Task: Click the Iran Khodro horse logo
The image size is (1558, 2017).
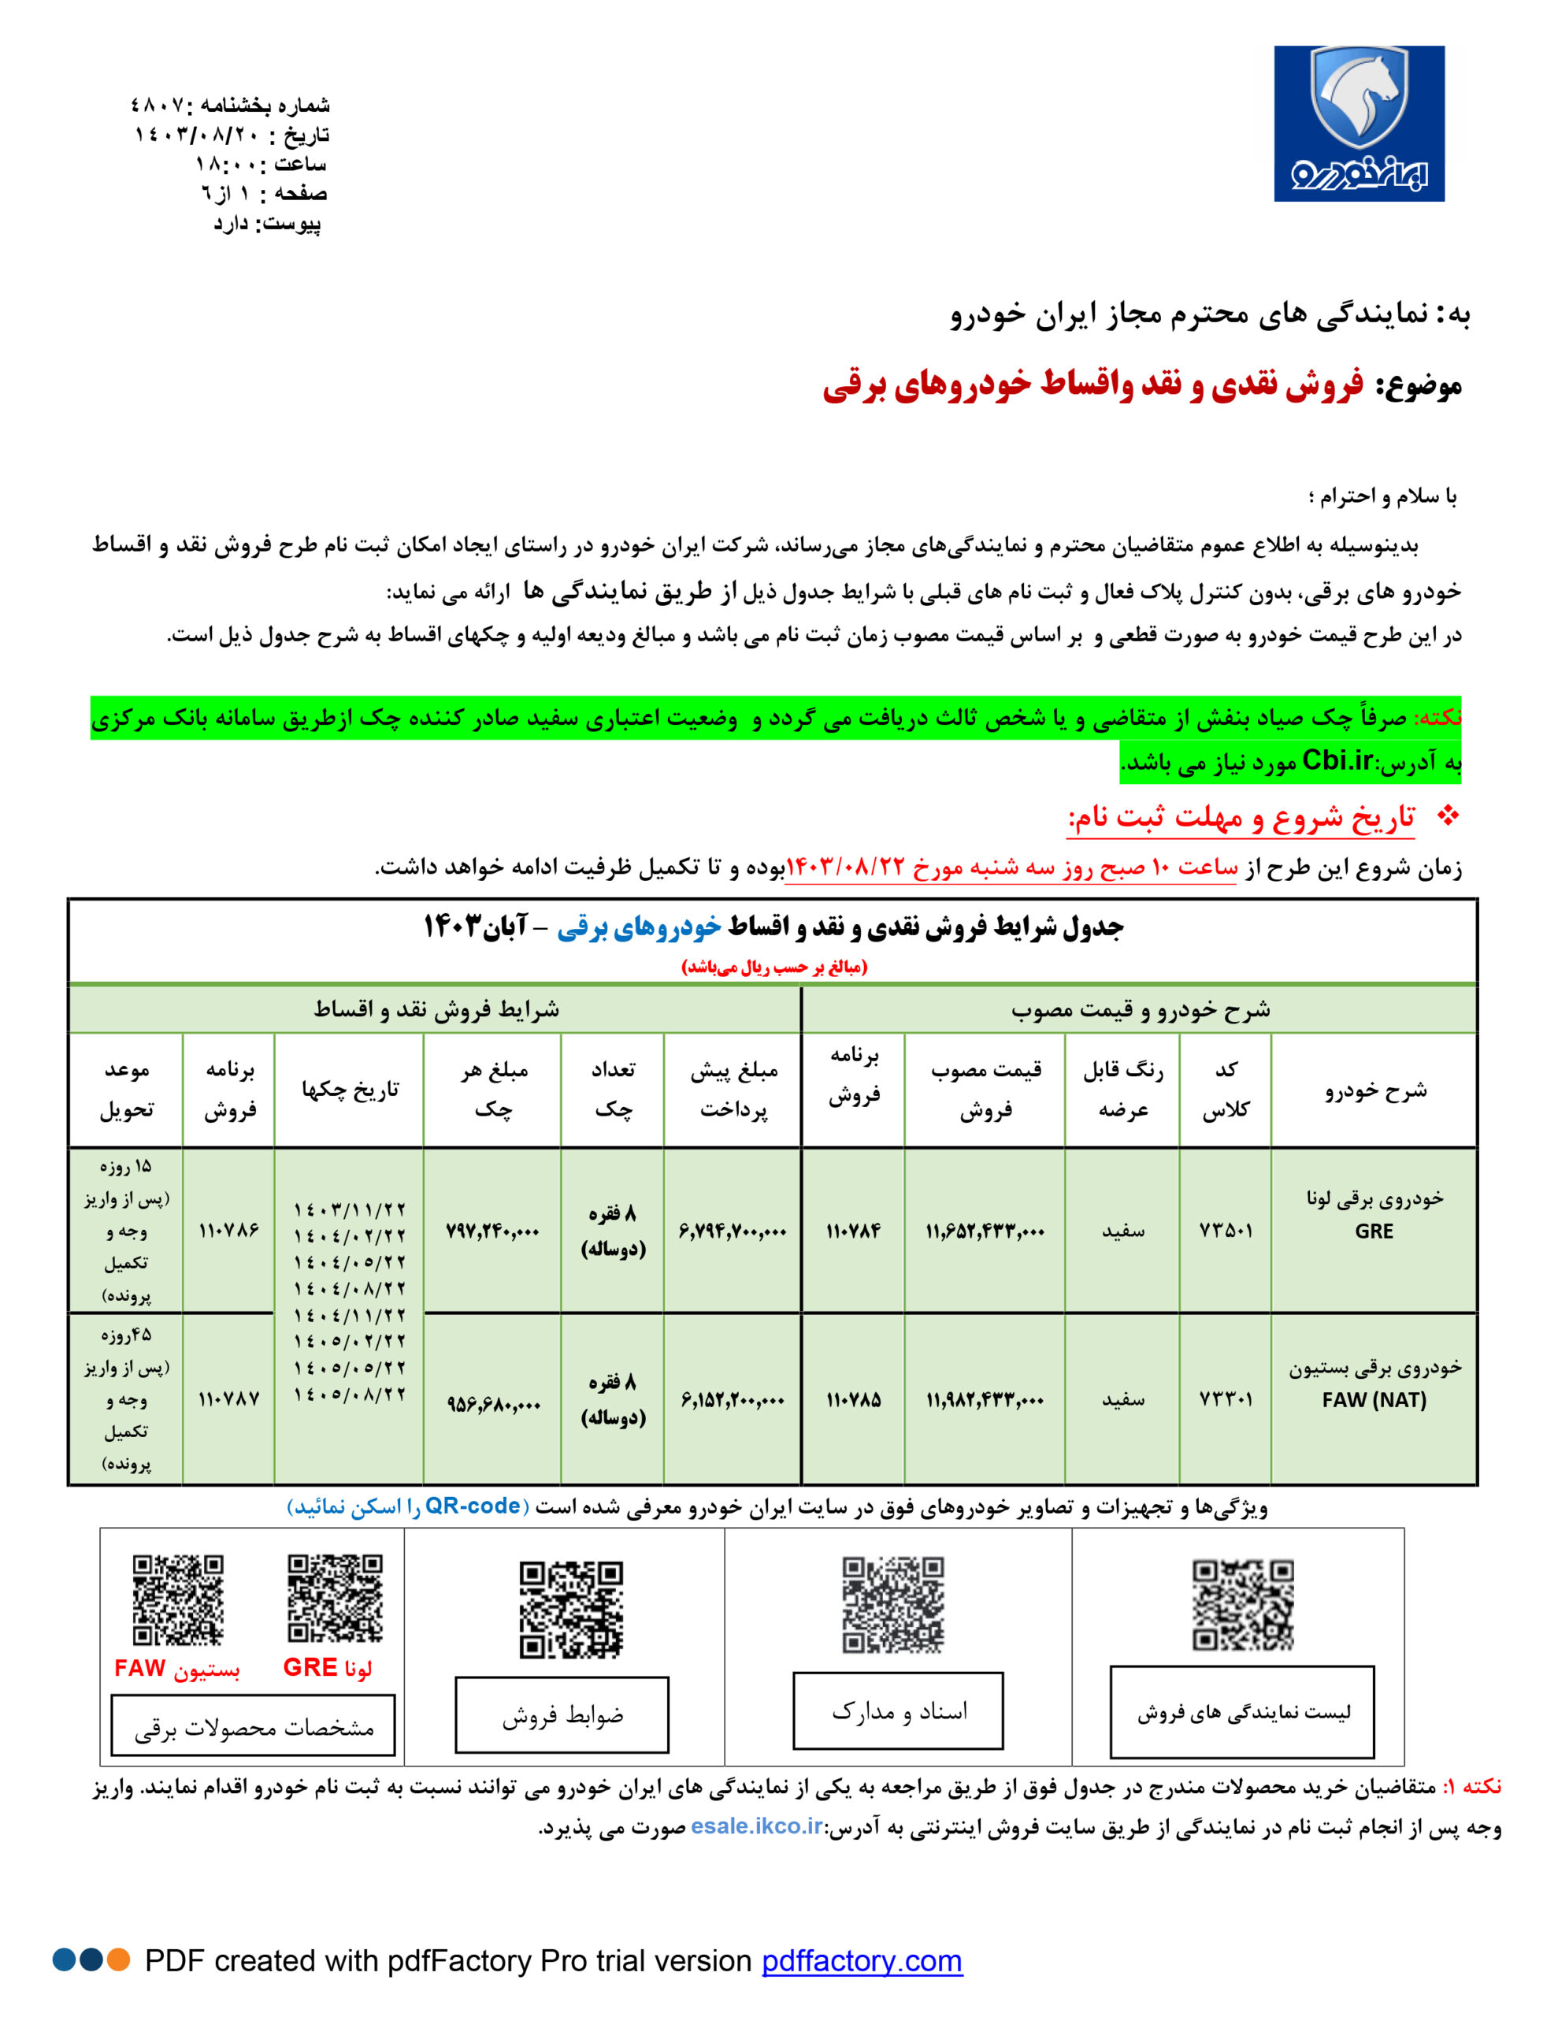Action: [1359, 123]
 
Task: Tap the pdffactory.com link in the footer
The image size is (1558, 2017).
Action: [862, 1959]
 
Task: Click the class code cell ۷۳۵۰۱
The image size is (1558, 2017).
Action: [1226, 1230]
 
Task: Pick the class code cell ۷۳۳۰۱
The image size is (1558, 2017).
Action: [1226, 1399]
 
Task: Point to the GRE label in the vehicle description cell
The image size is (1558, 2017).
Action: [1374, 1231]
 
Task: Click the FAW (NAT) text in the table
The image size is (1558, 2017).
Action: [1374, 1400]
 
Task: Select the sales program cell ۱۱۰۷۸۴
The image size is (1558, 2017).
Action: [853, 1230]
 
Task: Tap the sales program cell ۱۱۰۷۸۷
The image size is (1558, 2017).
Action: [229, 1399]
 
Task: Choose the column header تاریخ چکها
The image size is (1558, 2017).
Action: [350, 1090]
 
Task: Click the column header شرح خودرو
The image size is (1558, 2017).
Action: [1374, 1090]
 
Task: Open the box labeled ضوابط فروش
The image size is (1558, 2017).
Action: [562, 1715]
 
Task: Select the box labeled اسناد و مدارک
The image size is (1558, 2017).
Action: [898, 1711]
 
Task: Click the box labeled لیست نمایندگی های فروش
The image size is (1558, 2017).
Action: [1242, 1712]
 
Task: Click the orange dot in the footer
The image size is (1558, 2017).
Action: [118, 1959]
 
